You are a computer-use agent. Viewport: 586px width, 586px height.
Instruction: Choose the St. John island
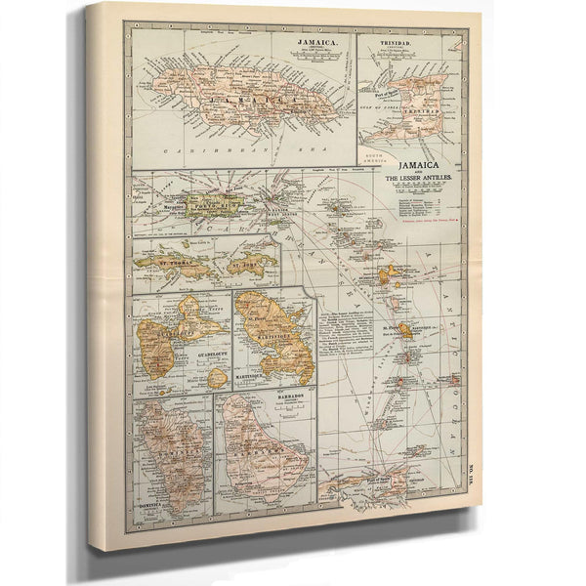(x=251, y=264)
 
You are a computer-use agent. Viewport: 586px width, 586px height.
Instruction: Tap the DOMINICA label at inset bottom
(x=157, y=506)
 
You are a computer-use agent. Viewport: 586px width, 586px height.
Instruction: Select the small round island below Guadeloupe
(x=217, y=377)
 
